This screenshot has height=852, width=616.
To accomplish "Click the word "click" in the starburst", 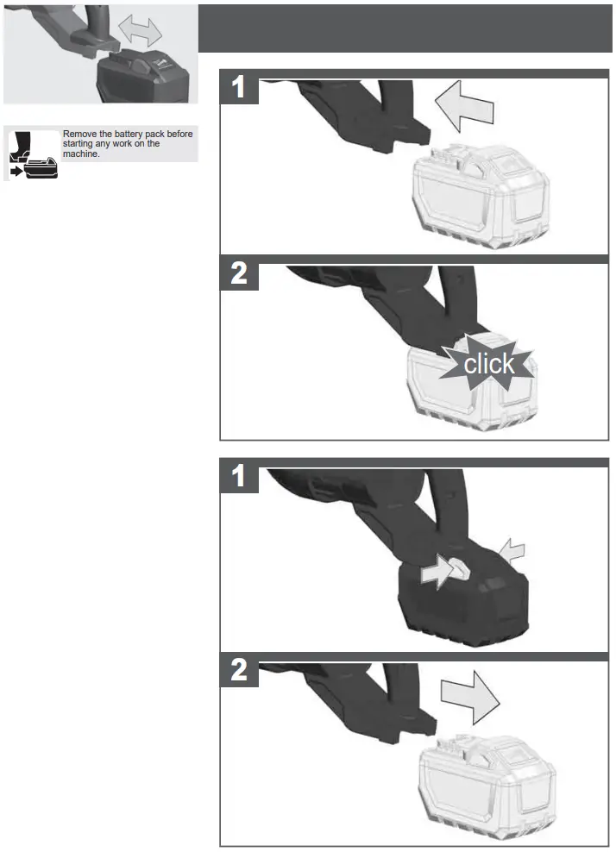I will coord(489,364).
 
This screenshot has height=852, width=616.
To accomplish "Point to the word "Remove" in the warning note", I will coord(78,134).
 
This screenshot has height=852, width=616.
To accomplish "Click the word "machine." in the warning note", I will coord(81,154).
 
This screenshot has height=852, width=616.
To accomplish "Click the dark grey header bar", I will coord(405,28).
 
